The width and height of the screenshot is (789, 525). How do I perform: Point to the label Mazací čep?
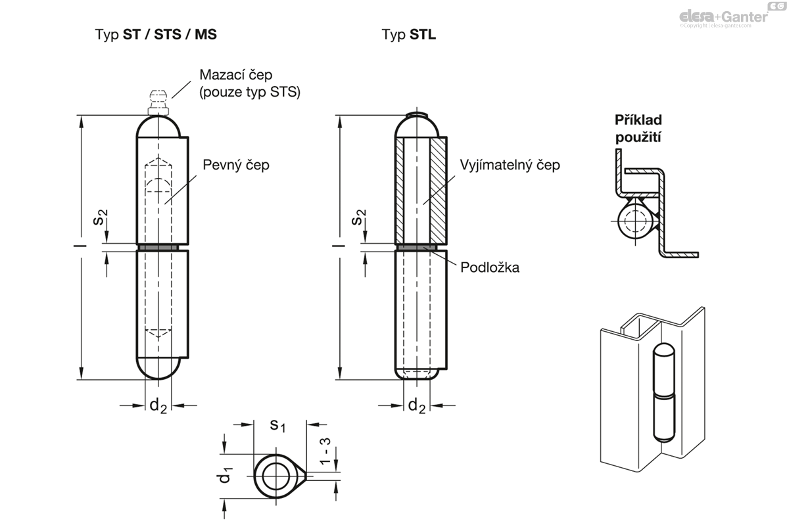click(x=235, y=75)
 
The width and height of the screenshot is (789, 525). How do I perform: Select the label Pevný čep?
click(x=235, y=165)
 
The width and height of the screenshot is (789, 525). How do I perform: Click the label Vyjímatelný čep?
click(x=510, y=165)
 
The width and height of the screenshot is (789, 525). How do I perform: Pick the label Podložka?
click(x=490, y=267)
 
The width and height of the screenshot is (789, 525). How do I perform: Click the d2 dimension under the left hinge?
click(x=158, y=406)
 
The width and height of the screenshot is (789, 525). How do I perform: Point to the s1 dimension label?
click(x=278, y=426)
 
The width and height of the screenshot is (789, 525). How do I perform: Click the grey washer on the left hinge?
click(x=158, y=247)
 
